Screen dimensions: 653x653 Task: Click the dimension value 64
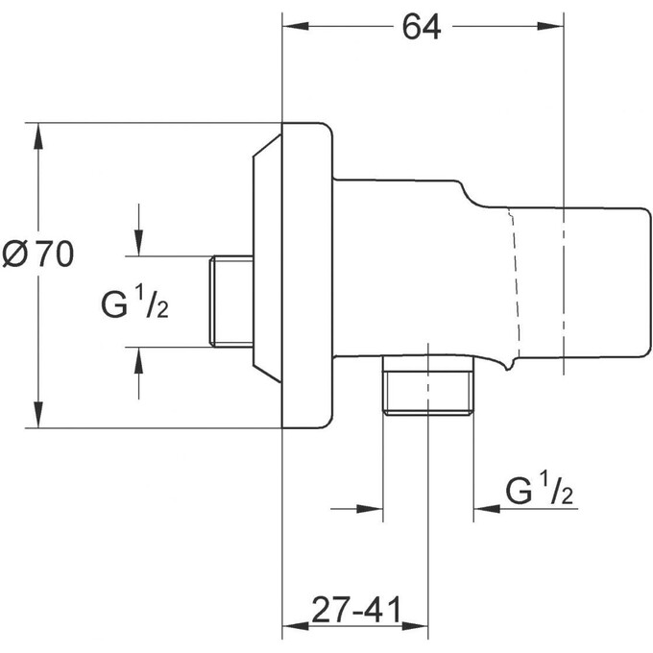(421, 28)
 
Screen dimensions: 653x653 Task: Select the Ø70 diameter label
(38, 254)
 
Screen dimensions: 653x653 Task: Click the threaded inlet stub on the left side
(230, 301)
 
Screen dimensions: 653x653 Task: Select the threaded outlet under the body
(428, 386)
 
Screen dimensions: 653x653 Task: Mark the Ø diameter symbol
(16, 254)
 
